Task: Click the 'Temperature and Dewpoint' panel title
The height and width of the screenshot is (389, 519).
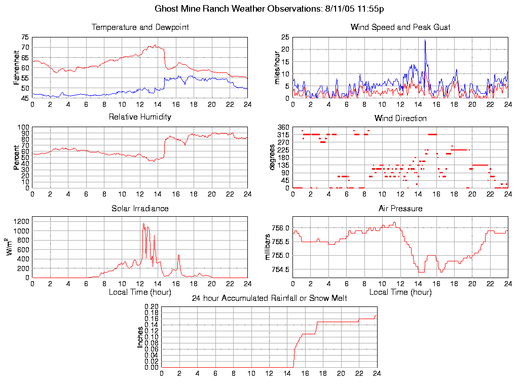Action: point(140,27)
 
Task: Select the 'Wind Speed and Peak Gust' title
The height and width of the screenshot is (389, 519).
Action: point(400,27)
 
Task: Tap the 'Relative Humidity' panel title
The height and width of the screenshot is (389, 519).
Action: point(140,117)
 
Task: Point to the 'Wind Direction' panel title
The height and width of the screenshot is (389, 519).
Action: point(400,119)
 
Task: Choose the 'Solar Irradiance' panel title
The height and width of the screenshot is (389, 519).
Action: point(140,208)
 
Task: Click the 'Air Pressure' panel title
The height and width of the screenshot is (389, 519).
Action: point(400,208)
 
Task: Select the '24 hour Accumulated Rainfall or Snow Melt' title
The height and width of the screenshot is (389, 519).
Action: point(269,298)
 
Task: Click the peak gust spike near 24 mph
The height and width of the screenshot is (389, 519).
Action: point(425,41)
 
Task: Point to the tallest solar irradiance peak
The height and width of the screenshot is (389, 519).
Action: point(143,223)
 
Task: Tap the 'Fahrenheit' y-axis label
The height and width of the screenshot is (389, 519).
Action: point(17,67)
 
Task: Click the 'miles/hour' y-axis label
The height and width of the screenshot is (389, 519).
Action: point(278,67)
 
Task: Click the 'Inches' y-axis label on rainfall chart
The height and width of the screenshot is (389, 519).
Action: point(140,337)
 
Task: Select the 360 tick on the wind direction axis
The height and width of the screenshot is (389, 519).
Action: point(283,127)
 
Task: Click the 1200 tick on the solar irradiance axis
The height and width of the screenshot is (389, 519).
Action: point(21,221)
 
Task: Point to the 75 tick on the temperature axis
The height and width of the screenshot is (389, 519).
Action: point(25,37)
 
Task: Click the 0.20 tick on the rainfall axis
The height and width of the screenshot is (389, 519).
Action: point(152,306)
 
